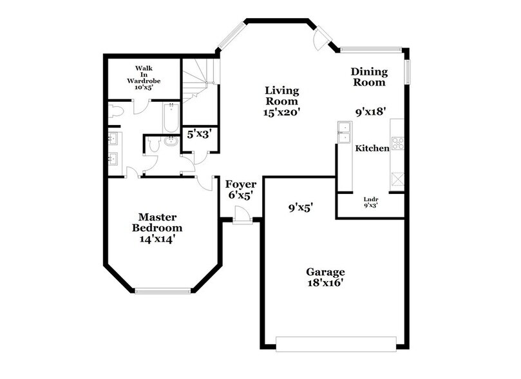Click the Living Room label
click(282, 101)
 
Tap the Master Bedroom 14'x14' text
click(156, 228)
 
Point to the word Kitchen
click(372, 148)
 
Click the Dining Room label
click(368, 77)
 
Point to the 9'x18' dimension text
click(370, 111)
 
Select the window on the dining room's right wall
click(407, 72)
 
